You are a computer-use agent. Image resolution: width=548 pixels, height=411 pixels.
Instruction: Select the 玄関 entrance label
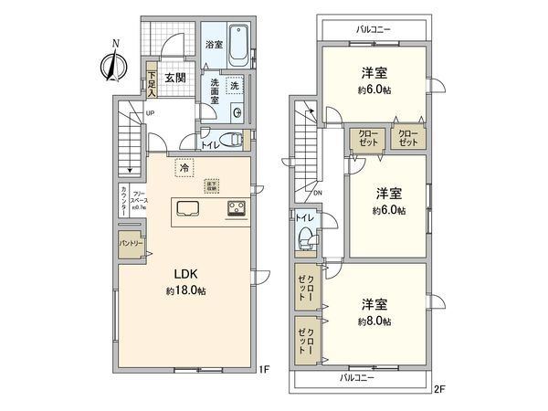pos(175,78)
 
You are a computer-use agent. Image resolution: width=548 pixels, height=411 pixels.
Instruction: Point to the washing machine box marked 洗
pos(234,86)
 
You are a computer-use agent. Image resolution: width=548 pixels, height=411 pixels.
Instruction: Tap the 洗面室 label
pos(212,92)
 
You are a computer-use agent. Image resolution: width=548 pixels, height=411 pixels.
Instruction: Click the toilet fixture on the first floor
pos(236,141)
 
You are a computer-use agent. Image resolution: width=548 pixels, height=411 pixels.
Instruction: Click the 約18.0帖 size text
pos(185,290)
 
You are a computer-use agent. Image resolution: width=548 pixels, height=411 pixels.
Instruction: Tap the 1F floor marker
pos(265,369)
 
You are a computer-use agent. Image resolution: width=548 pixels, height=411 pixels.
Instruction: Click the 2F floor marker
pos(437,387)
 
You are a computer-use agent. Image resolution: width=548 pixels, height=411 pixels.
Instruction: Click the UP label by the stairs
pos(136,113)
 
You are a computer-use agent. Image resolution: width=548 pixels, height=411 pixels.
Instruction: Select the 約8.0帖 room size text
pos(374,321)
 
